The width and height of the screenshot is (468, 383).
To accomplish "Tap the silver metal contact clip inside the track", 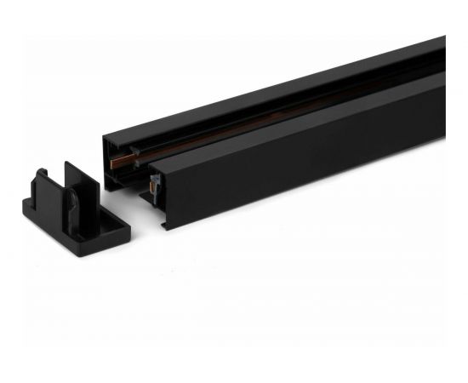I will click(x=152, y=182).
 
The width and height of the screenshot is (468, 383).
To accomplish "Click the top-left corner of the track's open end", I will click(x=105, y=138).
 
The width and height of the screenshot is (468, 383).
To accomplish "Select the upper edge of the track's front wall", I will click(x=298, y=119).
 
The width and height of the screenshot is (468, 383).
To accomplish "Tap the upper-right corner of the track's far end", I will click(x=443, y=38).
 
